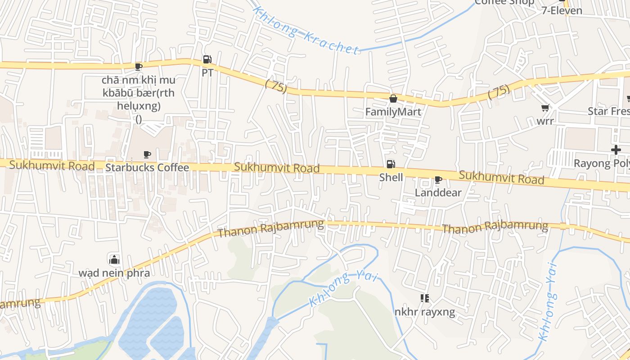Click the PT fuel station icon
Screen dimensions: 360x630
(207, 59)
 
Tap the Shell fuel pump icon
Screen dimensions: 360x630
(391, 164)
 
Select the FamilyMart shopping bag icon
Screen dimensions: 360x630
(393, 99)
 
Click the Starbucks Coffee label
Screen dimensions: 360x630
(147, 167)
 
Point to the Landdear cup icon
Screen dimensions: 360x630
(438, 180)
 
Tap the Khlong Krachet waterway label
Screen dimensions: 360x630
(306, 30)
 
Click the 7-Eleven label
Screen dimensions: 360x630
(562, 10)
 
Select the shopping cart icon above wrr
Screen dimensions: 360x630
(545, 108)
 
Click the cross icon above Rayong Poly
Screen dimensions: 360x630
(616, 150)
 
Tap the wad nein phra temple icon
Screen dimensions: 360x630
(114, 260)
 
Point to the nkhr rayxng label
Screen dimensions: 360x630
(424, 312)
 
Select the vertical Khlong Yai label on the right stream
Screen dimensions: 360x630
(549, 301)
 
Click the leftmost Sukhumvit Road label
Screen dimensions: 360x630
(52, 166)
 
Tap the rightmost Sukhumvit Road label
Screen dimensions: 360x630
(501, 177)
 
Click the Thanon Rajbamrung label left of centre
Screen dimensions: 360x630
(270, 229)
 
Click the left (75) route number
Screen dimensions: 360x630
(276, 85)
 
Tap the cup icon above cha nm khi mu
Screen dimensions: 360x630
(139, 67)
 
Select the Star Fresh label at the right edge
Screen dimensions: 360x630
(608, 111)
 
